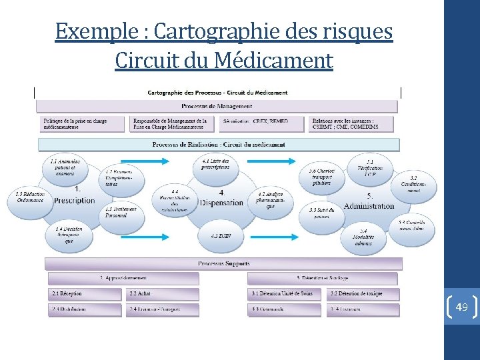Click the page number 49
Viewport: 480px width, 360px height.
(462, 307)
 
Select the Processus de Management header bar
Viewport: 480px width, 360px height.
(217, 106)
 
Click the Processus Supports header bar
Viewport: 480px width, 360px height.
(223, 264)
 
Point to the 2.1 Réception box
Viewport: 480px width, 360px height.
(85, 294)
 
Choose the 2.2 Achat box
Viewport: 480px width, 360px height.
(162, 294)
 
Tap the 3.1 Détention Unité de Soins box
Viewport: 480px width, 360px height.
(286, 294)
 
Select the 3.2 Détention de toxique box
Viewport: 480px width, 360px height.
(364, 294)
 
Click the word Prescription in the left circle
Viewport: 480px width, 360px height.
(75, 200)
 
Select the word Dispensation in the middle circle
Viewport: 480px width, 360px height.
(221, 203)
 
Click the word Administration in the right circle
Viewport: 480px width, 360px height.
(369, 206)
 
